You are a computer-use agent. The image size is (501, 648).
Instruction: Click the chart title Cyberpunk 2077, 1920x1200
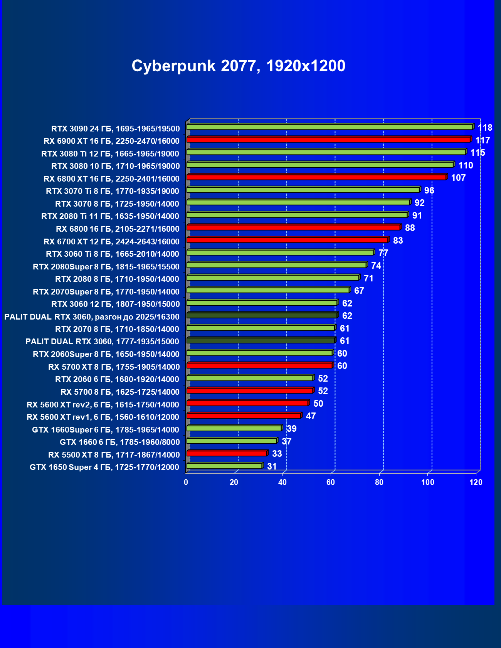(238, 66)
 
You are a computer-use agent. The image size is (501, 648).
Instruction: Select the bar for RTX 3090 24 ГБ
(330, 127)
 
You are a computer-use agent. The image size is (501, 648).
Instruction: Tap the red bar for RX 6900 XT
(328, 140)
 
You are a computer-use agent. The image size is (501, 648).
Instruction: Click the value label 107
(458, 178)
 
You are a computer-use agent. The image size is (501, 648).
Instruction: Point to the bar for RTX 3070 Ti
(303, 190)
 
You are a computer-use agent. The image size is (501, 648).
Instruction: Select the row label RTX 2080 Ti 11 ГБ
(110, 216)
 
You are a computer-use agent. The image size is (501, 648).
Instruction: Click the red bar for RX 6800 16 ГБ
(293, 227)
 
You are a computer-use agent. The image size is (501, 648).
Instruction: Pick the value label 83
(398, 241)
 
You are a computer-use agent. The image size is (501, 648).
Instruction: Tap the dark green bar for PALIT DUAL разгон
(262, 315)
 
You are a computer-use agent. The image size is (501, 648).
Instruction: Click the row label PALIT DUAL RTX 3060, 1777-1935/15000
(102, 342)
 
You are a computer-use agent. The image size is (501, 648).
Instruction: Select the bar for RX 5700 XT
(259, 365)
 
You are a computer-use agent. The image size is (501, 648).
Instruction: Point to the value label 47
(311, 416)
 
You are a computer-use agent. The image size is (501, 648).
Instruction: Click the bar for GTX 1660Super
(234, 428)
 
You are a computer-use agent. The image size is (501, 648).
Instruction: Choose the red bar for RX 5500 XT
(227, 453)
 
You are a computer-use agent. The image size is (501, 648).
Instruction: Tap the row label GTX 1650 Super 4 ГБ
(104, 467)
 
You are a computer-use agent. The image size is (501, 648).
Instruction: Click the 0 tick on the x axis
(186, 482)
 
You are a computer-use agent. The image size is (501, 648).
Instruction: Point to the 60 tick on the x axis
(331, 482)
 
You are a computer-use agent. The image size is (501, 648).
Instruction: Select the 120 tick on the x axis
(476, 482)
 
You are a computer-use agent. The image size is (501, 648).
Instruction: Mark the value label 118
(485, 128)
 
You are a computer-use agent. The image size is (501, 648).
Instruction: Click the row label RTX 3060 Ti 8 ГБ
(113, 254)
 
